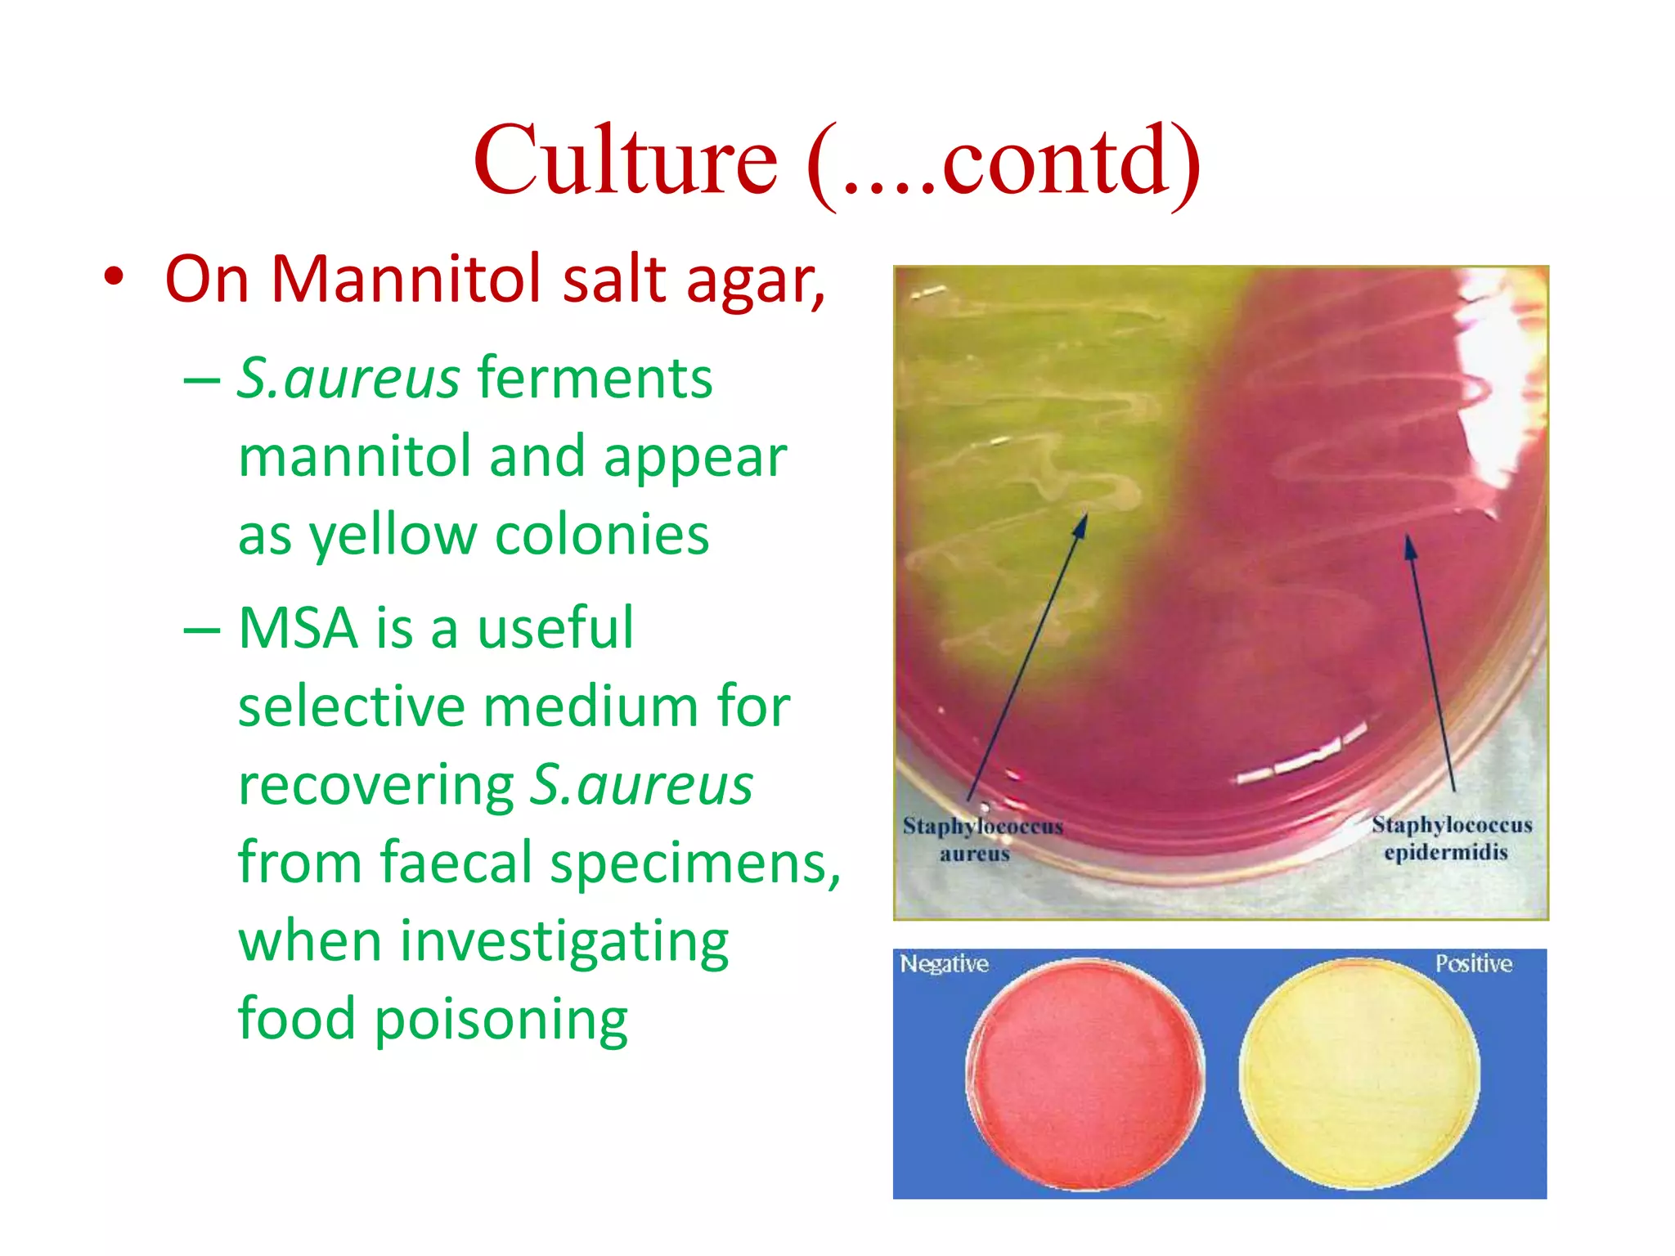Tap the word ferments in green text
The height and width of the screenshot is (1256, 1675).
pos(595,378)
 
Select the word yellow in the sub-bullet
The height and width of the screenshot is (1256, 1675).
pos(393,536)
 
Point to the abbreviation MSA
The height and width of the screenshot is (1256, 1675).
pos(299,628)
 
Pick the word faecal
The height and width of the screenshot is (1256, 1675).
pos(456,863)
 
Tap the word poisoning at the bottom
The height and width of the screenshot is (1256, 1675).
pos(501,1020)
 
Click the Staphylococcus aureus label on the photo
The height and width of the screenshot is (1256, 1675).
pos(981,839)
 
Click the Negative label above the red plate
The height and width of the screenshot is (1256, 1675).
pos(944,964)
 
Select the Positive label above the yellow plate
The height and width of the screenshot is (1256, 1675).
pos(1473,963)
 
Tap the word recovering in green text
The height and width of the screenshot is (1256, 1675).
pos(375,785)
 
